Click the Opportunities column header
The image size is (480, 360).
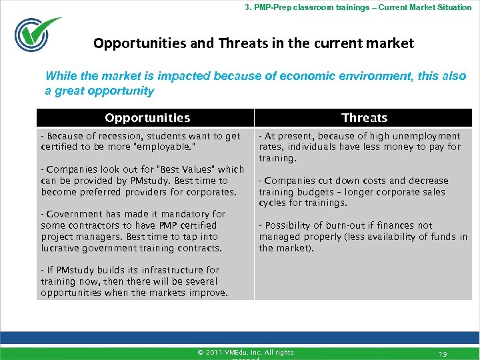click(x=147, y=118)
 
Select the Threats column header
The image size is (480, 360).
click(x=364, y=118)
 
